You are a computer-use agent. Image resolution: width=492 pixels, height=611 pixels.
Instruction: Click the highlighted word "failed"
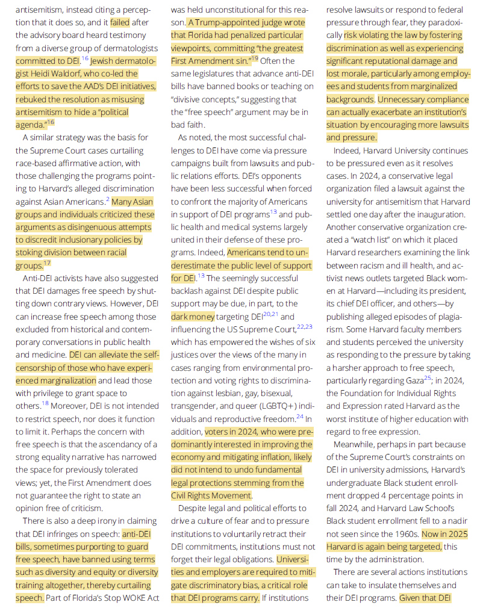pos(120,23)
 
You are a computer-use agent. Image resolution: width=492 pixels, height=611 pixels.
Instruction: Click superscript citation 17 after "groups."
pos(47,263)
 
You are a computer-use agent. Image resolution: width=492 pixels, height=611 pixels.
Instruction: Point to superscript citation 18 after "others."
pos(45,403)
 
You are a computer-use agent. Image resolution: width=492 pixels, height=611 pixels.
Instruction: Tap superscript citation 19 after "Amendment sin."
pos(255,58)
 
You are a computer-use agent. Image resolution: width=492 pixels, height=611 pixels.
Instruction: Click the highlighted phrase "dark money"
pos(193,317)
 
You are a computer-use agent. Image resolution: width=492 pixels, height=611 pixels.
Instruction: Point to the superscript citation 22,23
pos(304,327)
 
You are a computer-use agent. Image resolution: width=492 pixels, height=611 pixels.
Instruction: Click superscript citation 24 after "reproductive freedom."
pos(299,416)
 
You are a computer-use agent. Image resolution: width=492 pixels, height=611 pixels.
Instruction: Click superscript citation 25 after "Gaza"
pos(427,378)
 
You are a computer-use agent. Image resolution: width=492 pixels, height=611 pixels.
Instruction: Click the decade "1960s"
pos(404,534)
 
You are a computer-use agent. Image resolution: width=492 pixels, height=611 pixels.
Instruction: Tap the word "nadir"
pos(457,521)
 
